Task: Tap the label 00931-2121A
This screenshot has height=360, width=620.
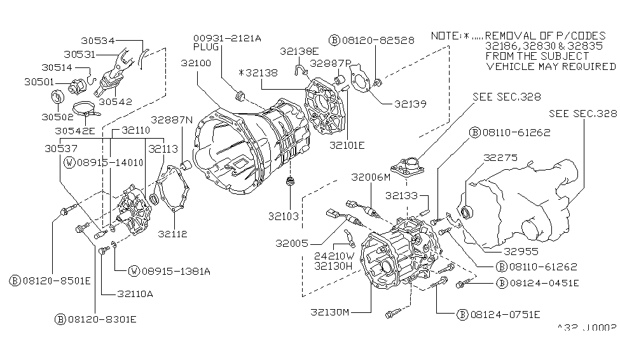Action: (x=226, y=38)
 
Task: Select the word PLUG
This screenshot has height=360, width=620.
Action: (x=204, y=47)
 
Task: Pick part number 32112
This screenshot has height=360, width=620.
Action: (x=174, y=234)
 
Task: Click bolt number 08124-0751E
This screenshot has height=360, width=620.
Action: (x=499, y=314)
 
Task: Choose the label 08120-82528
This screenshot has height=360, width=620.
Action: (x=371, y=40)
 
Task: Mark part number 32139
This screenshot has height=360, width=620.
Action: (x=410, y=102)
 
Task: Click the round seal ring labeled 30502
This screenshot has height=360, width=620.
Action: (x=57, y=97)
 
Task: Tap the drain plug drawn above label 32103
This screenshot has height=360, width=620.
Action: (x=291, y=183)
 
